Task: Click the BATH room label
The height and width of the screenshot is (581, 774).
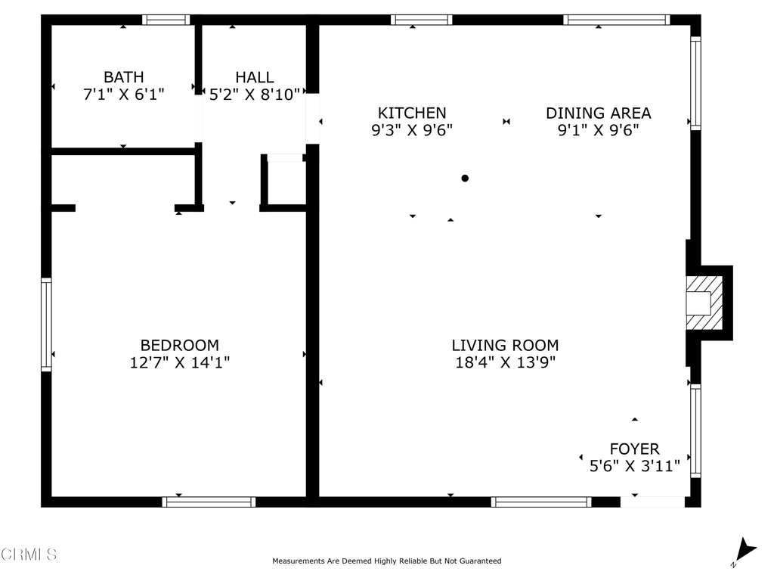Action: coord(123,77)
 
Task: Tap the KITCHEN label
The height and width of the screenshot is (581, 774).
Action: coord(412,113)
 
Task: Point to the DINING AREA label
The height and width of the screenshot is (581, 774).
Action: coord(598,113)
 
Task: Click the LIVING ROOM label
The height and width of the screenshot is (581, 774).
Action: coord(505,346)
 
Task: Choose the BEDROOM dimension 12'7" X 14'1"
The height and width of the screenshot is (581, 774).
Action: coord(179,362)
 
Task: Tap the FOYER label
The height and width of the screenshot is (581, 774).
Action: coord(634,449)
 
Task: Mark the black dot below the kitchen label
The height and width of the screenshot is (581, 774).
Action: coord(465,179)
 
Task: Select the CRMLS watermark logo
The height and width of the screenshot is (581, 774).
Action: coord(29,555)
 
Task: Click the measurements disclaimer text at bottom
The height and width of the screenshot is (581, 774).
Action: coord(386,561)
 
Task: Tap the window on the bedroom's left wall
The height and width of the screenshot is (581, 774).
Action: coord(46,325)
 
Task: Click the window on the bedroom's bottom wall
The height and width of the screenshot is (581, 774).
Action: coord(209,502)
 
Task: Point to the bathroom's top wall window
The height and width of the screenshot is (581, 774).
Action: coord(166,20)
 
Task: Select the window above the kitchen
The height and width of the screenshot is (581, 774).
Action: coord(421,20)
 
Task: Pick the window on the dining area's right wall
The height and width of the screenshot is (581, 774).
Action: coord(695,83)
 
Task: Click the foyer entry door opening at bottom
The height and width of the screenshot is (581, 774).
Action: coord(652,502)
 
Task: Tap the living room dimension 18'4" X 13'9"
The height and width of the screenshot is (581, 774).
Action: coord(505,362)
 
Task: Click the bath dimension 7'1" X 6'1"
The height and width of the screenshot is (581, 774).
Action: coord(123,94)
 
